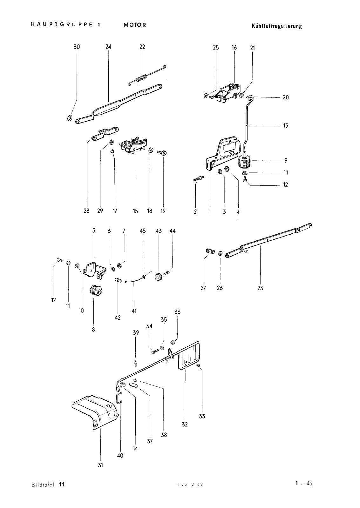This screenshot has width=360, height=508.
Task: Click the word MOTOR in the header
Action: tap(135, 25)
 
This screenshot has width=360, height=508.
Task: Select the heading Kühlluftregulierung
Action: tap(277, 26)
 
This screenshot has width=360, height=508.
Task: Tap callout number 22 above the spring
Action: tap(142, 47)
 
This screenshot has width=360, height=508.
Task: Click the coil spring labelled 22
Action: tap(147, 75)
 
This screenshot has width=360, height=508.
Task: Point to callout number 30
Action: tap(77, 47)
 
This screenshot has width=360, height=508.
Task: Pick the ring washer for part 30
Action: tap(70, 118)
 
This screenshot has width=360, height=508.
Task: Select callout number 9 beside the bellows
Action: tap(286, 161)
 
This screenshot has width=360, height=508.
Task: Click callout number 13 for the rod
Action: tap(286, 126)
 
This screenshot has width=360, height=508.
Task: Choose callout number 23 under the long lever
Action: tap(260, 288)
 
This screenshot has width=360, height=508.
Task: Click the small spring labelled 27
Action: tap(210, 251)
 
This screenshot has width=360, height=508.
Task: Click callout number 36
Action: tap(177, 312)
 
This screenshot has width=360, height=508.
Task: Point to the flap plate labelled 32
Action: tap(189, 356)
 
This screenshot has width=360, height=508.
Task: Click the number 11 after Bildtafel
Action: tap(62, 485)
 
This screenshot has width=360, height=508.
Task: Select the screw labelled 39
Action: tap(135, 363)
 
